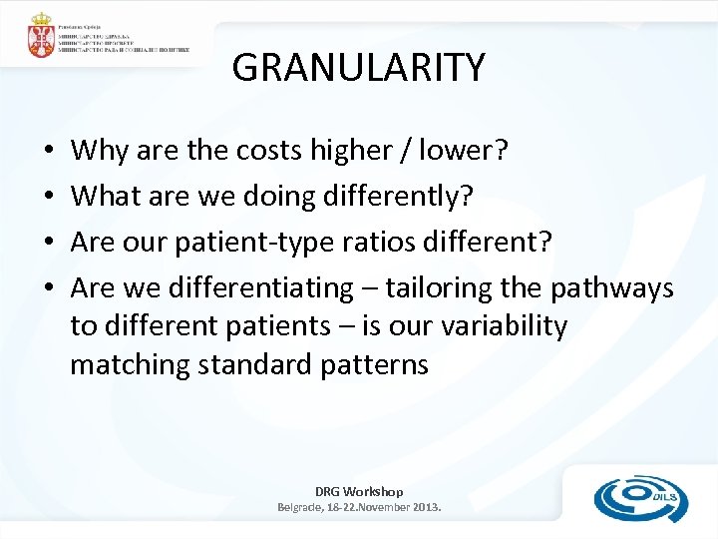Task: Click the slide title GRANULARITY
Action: [358, 68]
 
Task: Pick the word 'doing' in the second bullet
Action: [277, 198]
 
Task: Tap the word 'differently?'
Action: [399, 198]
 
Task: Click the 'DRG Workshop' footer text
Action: [359, 491]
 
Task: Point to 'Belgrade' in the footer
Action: [303, 507]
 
